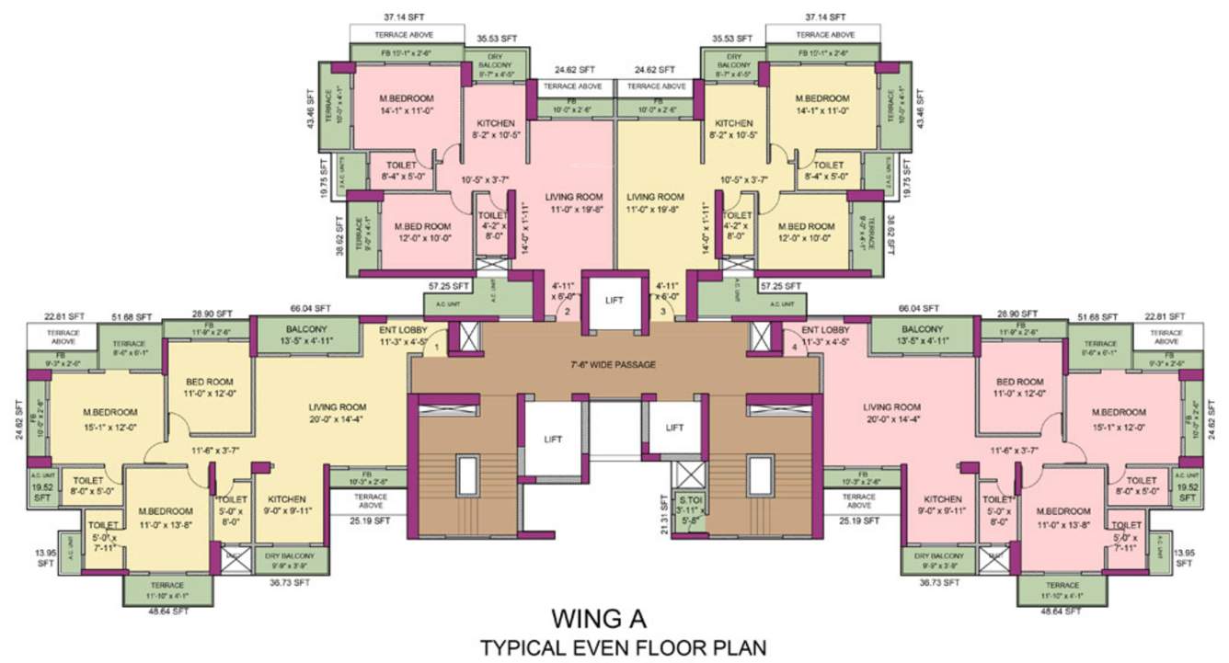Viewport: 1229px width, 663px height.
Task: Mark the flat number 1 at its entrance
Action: point(437,347)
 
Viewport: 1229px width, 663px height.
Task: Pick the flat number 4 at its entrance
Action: point(794,347)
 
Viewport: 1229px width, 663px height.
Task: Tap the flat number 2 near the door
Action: point(568,312)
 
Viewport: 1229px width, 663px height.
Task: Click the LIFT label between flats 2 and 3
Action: point(614,300)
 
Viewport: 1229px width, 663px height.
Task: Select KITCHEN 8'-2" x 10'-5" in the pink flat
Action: point(496,129)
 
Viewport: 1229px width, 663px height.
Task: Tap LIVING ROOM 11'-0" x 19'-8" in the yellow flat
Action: point(656,203)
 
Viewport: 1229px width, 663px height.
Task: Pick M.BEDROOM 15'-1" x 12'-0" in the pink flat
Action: point(1118,418)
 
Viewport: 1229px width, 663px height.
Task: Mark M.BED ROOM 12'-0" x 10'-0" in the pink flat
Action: point(423,232)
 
